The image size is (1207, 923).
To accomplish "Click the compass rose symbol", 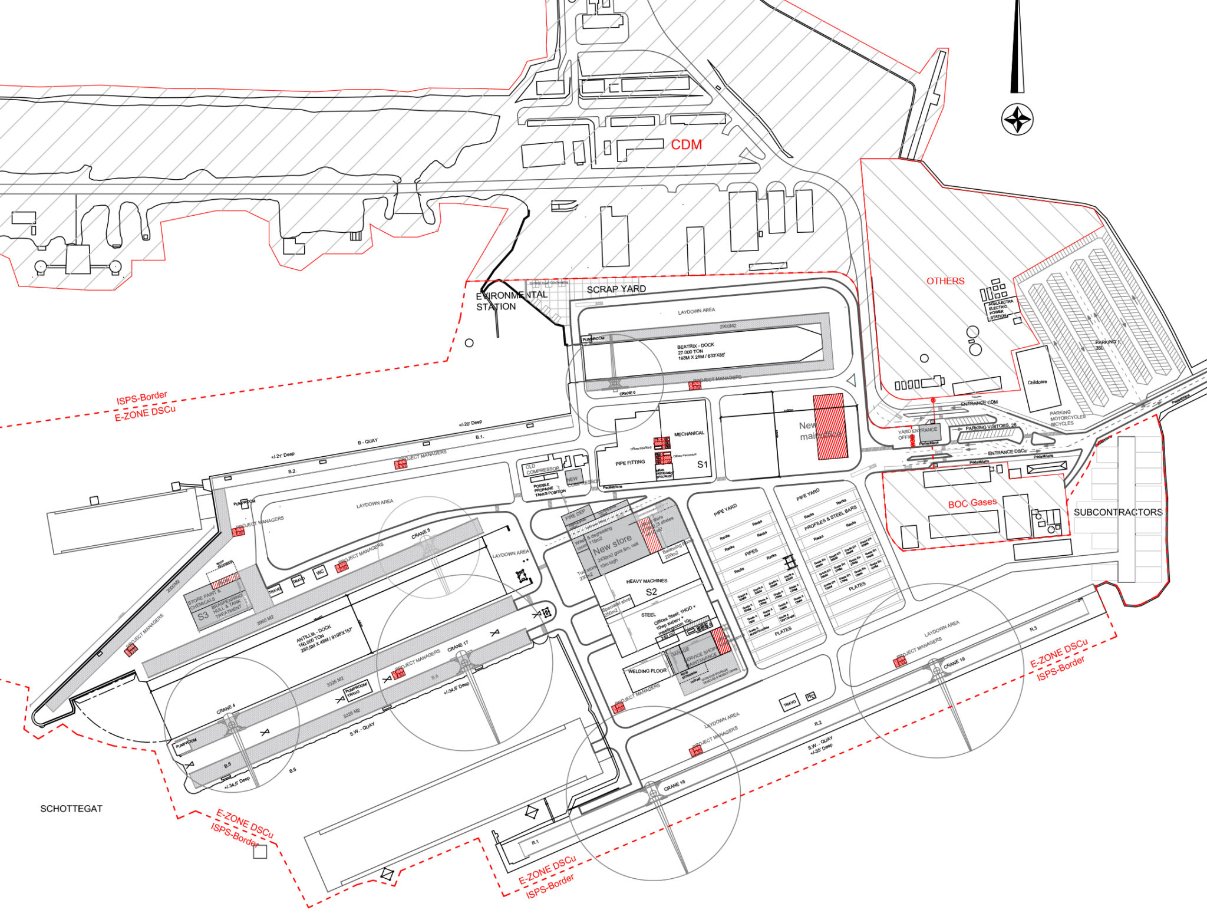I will pos(1017,120).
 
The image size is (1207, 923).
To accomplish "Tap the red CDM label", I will pos(686,145).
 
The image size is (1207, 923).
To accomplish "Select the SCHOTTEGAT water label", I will pos(71,809).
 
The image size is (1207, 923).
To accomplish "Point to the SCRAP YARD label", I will pos(616,289).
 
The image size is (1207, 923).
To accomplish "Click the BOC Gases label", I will pos(972,503).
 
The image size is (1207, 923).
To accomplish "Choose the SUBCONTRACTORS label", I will pos(1117,512).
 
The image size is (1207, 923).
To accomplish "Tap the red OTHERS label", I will pos(945,281).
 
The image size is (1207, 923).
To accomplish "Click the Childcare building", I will pos(1037,381).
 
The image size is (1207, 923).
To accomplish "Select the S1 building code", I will pos(702,464).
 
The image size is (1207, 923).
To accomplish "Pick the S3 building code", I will pos(203,616).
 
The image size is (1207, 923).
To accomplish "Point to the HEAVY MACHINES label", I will pos(647,581).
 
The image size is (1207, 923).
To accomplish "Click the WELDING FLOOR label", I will pos(647,671).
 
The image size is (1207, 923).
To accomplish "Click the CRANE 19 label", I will pos(954,663).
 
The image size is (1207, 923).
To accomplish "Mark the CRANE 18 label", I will pos(674,786).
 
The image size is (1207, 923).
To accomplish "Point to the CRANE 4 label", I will pos(225,709).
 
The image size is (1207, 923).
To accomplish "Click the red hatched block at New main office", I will pos(830,426).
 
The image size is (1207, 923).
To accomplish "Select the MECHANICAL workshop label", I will pos(689,434).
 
